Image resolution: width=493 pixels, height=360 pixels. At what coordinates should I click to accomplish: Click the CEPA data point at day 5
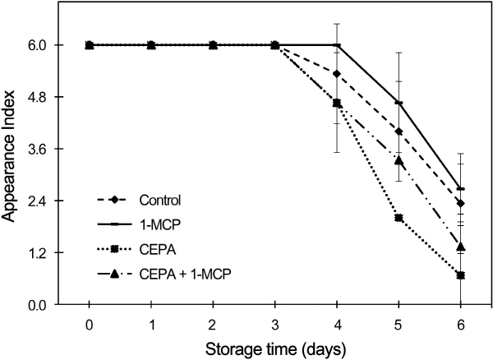click(399, 218)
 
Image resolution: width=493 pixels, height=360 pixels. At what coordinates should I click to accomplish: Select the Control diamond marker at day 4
click(337, 73)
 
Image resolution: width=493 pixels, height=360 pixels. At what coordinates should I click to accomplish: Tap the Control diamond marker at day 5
click(399, 132)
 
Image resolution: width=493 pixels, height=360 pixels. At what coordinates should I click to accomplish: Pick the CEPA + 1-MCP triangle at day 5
click(399, 160)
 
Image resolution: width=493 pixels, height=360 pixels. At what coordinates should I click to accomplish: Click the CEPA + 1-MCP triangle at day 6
click(461, 247)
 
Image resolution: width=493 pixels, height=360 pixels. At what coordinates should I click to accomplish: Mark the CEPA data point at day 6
click(461, 275)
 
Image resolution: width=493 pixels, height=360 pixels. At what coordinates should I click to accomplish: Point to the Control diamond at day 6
click(461, 203)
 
